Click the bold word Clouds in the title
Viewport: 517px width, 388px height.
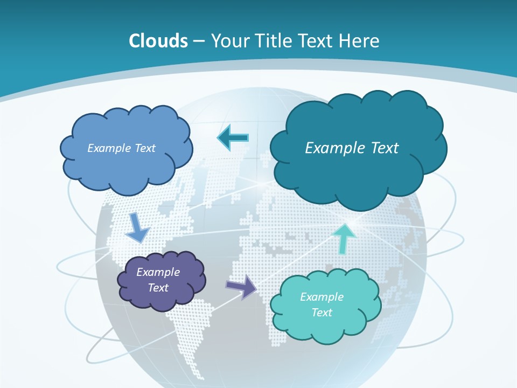158,41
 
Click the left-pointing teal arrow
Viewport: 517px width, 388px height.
233,138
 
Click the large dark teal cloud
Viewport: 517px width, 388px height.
358,178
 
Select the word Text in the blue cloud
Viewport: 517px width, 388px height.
145,148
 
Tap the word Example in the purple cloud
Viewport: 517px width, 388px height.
158,272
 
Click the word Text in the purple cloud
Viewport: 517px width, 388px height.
158,288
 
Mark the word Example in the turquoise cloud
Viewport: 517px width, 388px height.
322,297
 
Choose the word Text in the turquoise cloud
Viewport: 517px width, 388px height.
322,313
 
